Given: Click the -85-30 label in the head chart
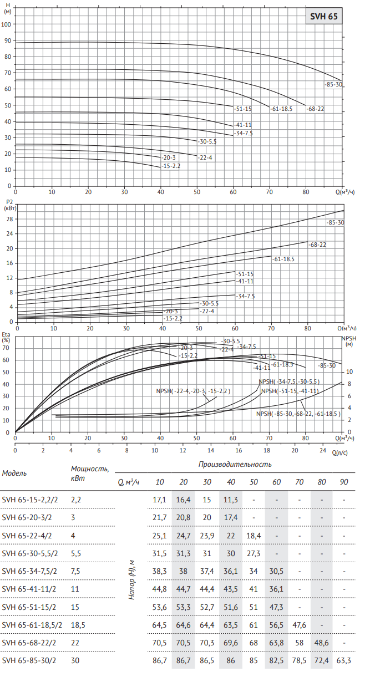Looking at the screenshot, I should pos(333,84).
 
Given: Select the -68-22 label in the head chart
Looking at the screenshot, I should pos(316,109).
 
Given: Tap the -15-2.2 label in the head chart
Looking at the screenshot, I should pos(171,166).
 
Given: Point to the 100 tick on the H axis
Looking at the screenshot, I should pos(7,24).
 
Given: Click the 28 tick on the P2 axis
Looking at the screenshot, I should pos(9,219).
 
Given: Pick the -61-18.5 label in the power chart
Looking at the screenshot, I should pos(283,259).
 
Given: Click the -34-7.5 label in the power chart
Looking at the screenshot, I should pos(245,297).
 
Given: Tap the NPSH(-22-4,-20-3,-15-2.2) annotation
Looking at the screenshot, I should pos(194,391).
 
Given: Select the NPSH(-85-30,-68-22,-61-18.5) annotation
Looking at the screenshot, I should pos(298,413).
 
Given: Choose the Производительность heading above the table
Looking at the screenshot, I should pos(235,464).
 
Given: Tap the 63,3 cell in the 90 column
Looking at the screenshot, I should pos(344,661).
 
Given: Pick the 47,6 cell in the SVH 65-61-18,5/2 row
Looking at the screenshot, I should pos(299,625).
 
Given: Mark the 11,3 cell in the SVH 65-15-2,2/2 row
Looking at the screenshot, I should pos(231,500).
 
